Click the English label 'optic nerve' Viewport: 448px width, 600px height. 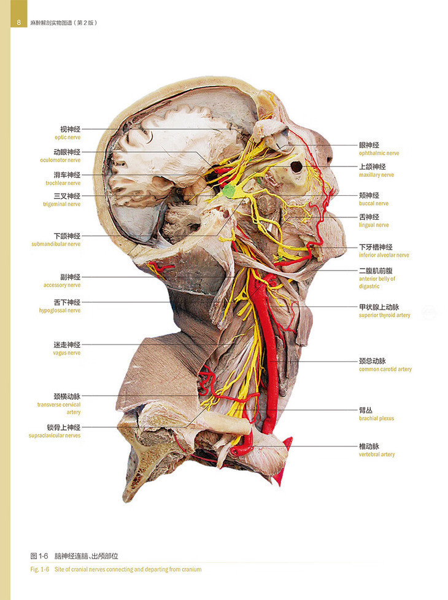(x=68, y=138)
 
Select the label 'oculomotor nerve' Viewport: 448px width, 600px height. (x=60, y=160)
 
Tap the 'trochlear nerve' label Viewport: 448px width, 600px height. (x=63, y=183)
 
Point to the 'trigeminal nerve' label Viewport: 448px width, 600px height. (x=61, y=204)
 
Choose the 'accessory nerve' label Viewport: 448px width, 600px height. (x=62, y=285)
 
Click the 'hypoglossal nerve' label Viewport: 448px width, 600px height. (x=60, y=310)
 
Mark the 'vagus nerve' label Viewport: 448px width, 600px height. (x=66, y=353)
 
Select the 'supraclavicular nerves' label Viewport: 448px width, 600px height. (x=54, y=435)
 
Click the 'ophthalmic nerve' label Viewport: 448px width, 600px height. (x=379, y=153)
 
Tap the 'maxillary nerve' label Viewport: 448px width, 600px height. (x=376, y=175)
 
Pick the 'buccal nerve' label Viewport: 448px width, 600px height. (x=374, y=203)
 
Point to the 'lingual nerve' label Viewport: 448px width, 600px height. (x=374, y=225)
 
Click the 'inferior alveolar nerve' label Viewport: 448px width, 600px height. (x=384, y=255)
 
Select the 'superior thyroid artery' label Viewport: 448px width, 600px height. (x=385, y=315)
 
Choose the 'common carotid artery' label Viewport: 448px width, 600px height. (x=385, y=369)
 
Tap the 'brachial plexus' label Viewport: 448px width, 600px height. (x=376, y=418)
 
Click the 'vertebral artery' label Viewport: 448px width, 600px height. (x=377, y=454)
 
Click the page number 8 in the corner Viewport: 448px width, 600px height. (x=19, y=23)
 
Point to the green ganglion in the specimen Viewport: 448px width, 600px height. (x=230, y=190)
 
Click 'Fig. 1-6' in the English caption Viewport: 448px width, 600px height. (x=40, y=569)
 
